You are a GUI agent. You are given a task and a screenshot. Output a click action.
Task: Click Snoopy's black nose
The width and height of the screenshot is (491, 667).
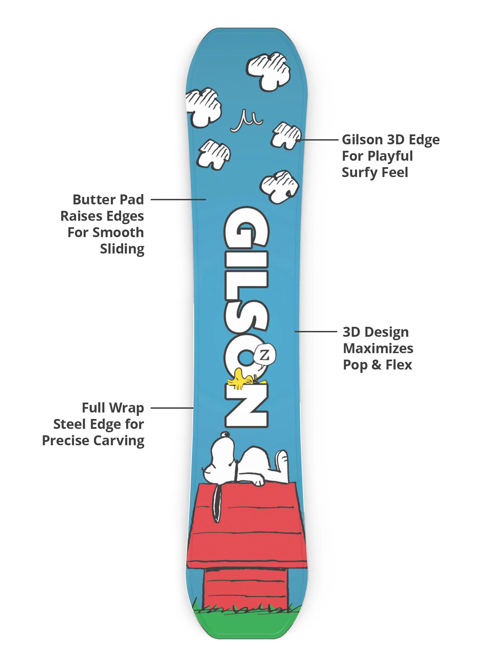click(x=224, y=434)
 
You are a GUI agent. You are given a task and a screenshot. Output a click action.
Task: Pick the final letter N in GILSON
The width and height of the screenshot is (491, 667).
click(x=246, y=406)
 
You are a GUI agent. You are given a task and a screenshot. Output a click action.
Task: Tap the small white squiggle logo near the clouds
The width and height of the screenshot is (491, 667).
click(x=246, y=121)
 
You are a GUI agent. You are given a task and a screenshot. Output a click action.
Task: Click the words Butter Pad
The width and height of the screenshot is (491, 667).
click(x=108, y=200)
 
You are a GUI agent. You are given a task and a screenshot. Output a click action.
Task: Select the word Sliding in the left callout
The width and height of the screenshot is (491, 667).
click(x=122, y=249)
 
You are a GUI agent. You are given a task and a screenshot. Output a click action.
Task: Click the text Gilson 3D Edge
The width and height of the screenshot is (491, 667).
click(x=391, y=140)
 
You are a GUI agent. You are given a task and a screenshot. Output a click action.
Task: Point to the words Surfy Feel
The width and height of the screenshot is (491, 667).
click(x=375, y=172)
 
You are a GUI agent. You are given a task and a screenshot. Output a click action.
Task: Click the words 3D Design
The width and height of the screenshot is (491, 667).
click(x=375, y=332)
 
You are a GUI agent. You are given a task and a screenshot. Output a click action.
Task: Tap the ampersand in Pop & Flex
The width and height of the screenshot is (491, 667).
click(x=376, y=365)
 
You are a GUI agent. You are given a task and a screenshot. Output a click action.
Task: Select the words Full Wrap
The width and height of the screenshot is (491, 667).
click(x=113, y=408)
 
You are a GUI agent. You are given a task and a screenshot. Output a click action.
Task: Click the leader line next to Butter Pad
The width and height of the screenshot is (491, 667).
click(x=178, y=200)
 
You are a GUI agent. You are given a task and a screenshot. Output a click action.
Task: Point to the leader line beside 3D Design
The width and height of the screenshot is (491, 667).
click(x=316, y=331)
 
